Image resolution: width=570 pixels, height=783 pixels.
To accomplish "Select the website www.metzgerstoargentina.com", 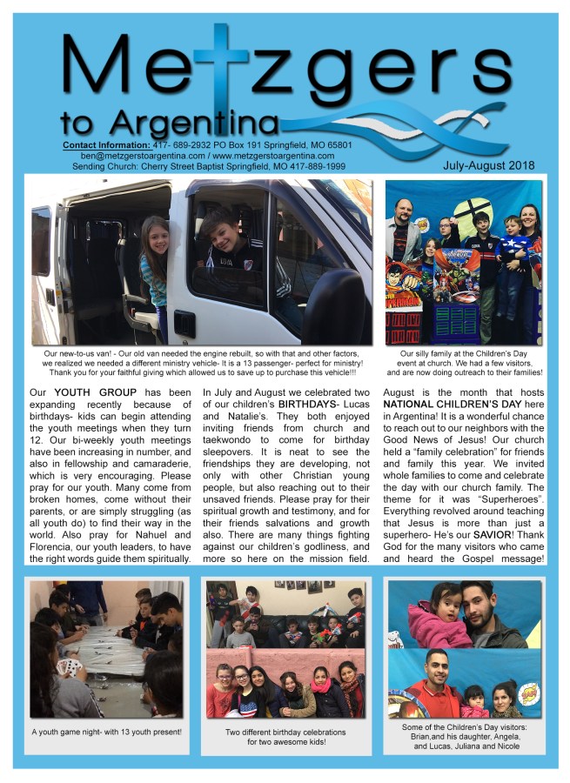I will tap(282, 154).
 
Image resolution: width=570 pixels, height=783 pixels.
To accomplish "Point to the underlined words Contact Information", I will tap(105, 144).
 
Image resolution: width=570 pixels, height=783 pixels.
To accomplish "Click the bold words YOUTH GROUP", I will tap(95, 393).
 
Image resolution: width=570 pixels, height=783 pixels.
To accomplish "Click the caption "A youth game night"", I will tap(107, 731).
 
